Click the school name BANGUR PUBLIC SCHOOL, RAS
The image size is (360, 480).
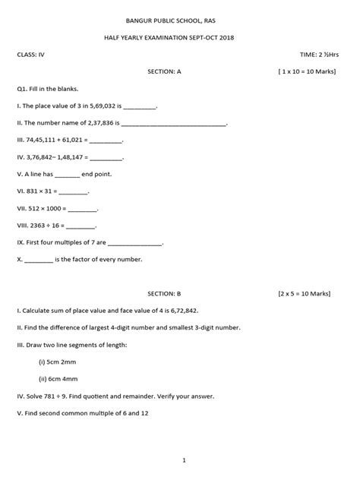click(x=180, y=21)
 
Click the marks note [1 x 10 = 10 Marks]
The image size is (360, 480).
click(x=308, y=71)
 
